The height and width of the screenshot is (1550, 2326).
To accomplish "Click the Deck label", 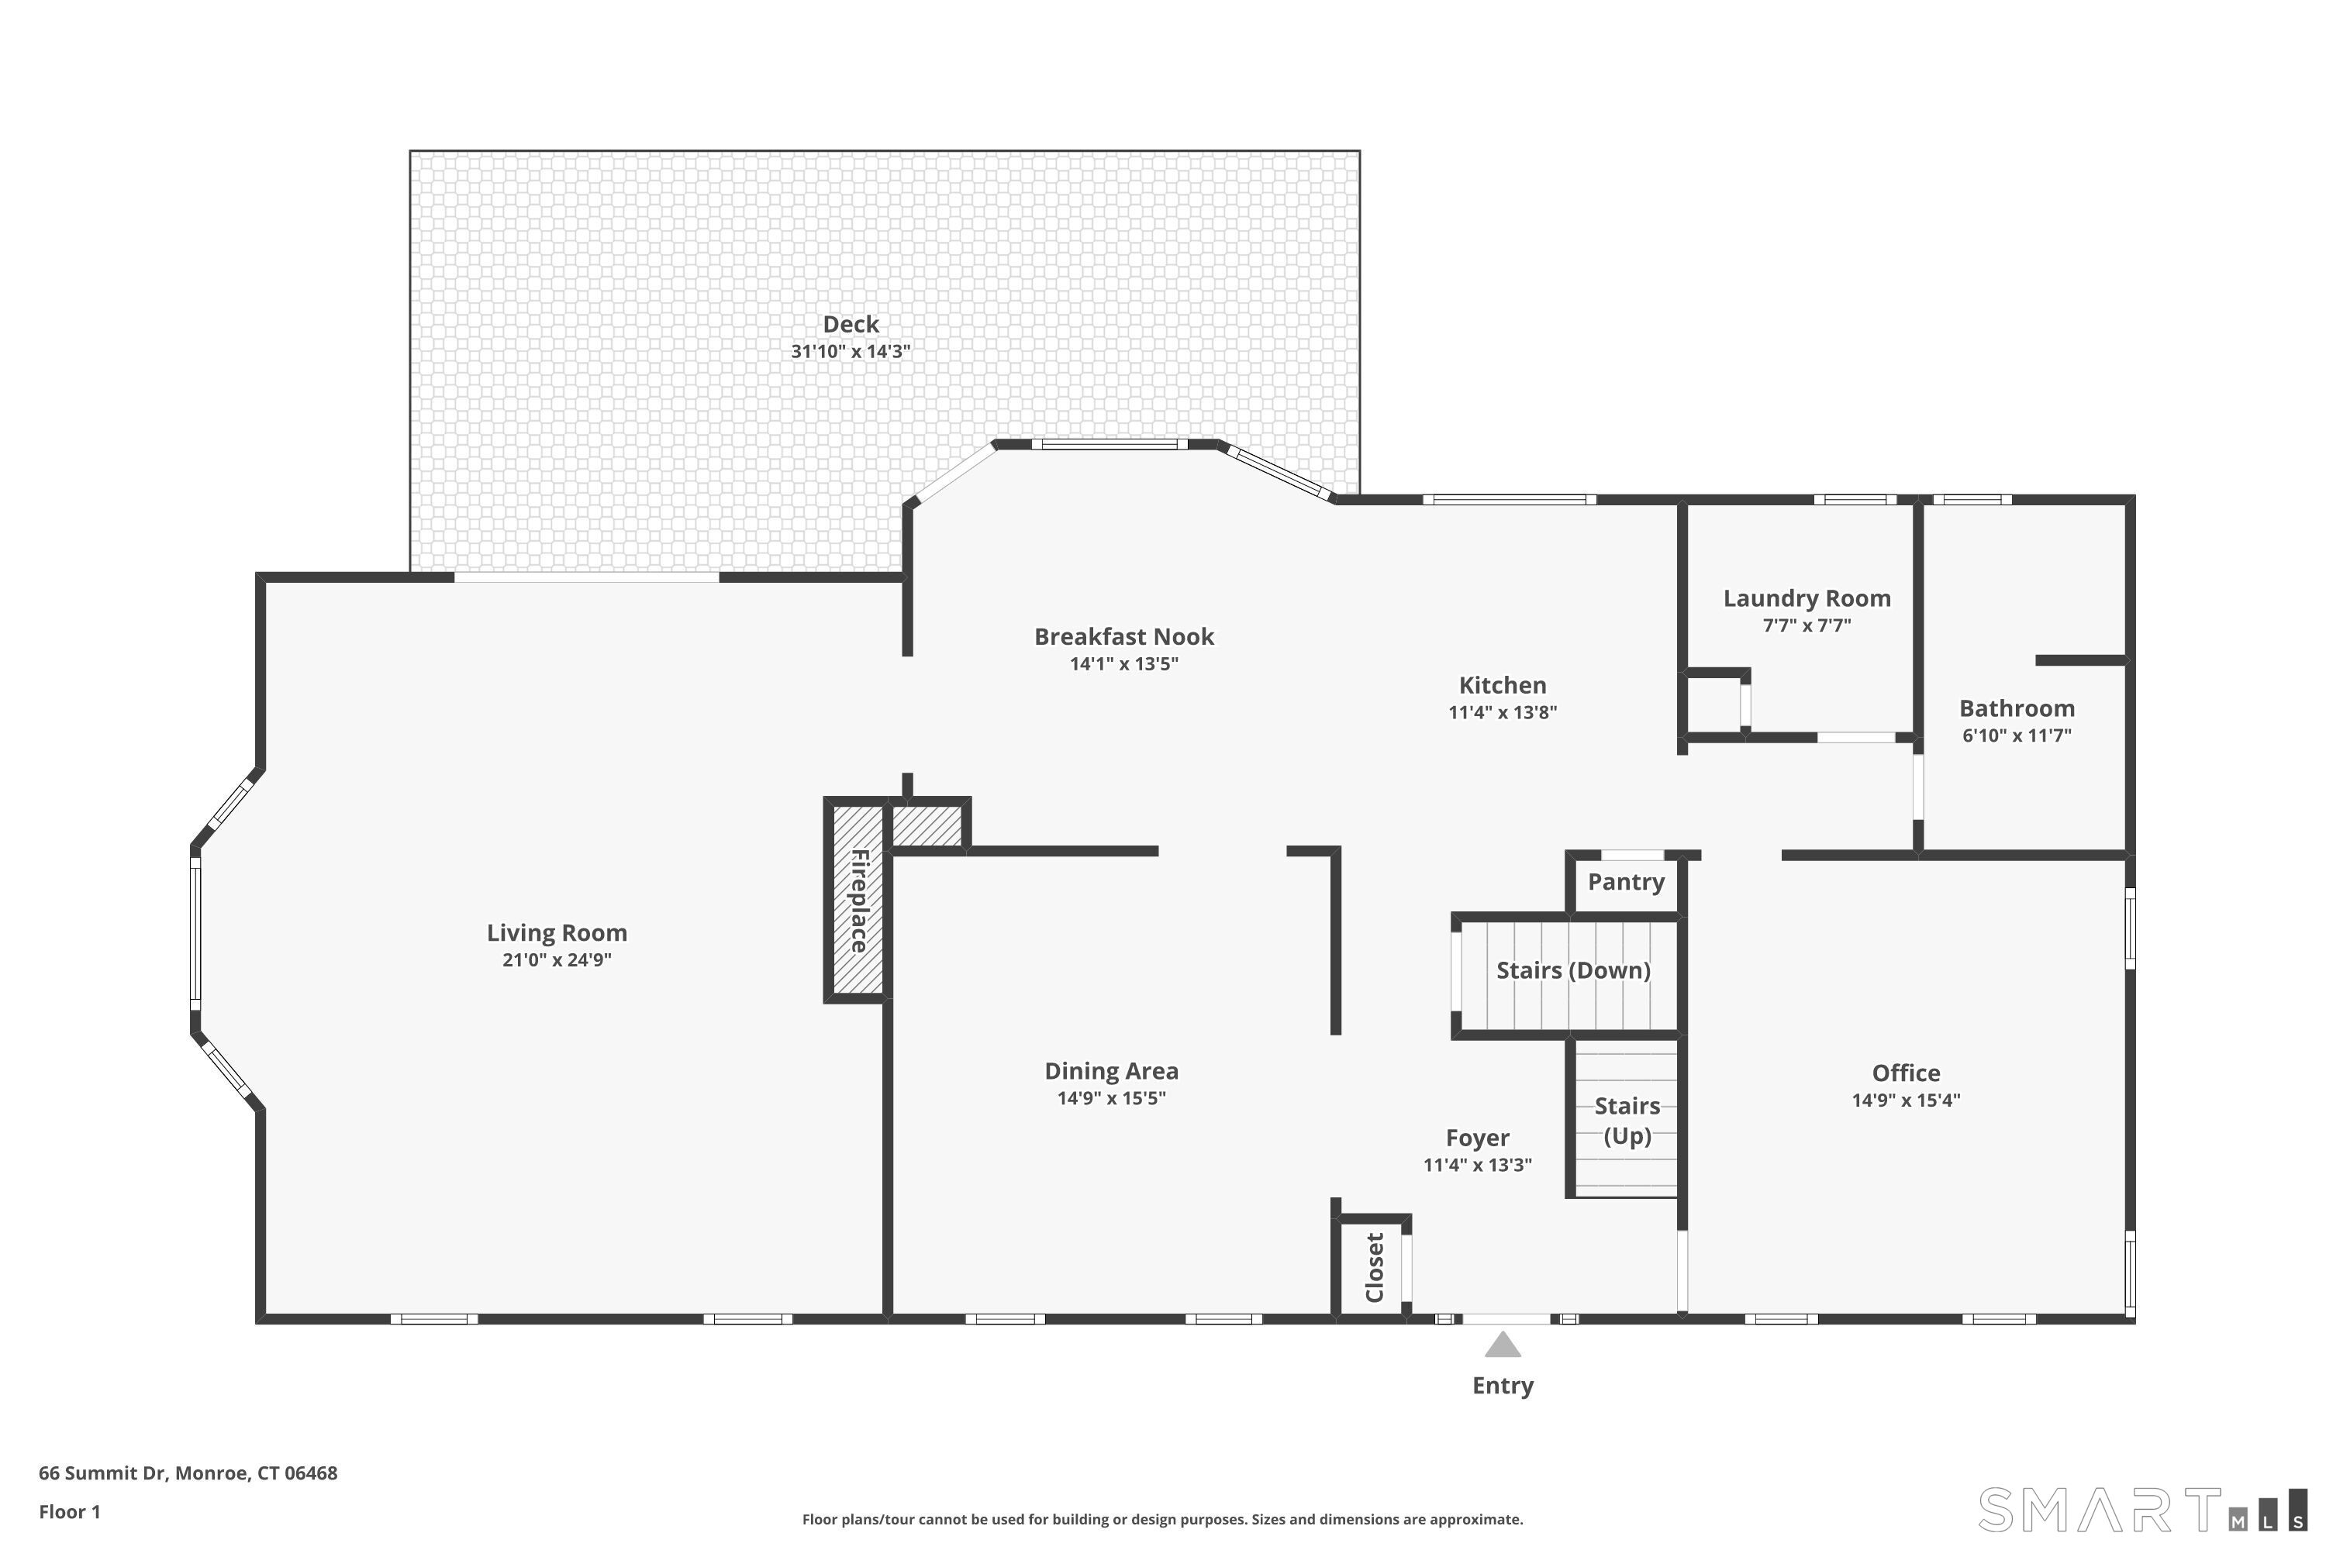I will [x=851, y=324].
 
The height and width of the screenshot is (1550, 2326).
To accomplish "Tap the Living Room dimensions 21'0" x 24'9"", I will [x=557, y=960].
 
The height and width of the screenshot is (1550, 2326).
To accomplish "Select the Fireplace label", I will [x=859, y=900].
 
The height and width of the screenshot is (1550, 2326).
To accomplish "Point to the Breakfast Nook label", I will [x=1123, y=636].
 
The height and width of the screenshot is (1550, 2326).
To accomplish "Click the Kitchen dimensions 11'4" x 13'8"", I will [x=1503, y=711].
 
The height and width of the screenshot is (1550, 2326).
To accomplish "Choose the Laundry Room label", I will [x=1806, y=598].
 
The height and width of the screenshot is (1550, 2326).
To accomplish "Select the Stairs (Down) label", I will [x=1572, y=970].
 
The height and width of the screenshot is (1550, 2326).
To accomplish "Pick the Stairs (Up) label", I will [x=1627, y=1120].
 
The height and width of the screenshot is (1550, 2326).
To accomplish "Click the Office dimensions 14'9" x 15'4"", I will [x=1905, y=1100].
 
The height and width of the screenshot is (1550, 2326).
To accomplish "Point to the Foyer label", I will [x=1476, y=1138].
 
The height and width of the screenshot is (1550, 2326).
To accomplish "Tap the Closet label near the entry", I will [x=1374, y=1267].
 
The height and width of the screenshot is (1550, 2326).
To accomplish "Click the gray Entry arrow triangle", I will [x=1503, y=1345].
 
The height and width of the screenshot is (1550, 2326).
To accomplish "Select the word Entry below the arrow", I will [x=1503, y=1385].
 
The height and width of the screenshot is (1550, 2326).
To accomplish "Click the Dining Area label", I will [x=1110, y=1070].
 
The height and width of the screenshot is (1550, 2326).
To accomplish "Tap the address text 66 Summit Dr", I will [x=188, y=1473].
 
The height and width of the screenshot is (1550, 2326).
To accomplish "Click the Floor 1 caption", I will [x=69, y=1511].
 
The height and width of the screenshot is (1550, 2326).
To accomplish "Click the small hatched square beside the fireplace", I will [x=927, y=825].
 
